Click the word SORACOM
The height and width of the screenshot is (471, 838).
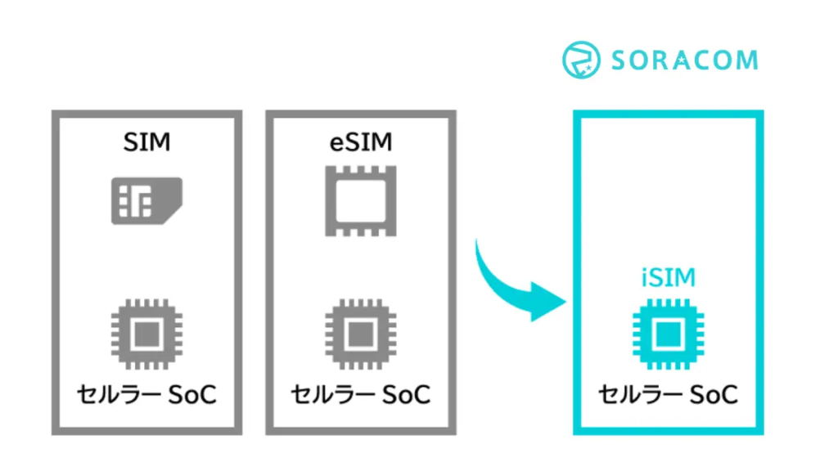[x=684, y=61]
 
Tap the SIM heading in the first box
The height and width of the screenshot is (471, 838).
[x=147, y=141]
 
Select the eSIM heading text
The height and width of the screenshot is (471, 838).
[x=358, y=141]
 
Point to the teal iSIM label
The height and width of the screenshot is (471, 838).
[x=668, y=278]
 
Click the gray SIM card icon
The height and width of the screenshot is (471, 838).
[x=146, y=200]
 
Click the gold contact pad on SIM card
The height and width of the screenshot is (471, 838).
[x=135, y=200]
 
